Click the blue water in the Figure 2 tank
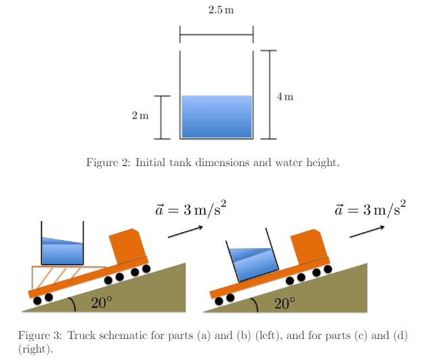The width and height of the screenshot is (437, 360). coord(217,117)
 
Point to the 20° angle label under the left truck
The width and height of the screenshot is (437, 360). coord(100,303)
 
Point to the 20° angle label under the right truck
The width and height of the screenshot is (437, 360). coord(283,303)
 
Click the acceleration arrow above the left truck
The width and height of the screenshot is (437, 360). coord(185,231)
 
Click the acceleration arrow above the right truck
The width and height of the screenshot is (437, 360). coord(367,231)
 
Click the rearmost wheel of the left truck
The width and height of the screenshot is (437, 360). coord(38,299)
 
